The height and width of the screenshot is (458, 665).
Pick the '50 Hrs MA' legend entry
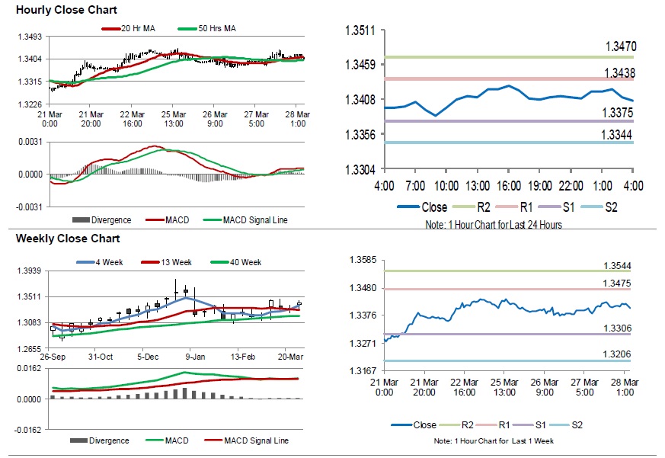pos(217,29)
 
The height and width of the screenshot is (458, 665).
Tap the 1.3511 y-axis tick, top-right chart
pos(361,30)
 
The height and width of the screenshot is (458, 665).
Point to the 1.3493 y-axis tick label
pos(30,37)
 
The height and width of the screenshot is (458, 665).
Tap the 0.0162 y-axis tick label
pos(30,367)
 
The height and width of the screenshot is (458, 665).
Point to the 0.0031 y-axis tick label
pos(30,142)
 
